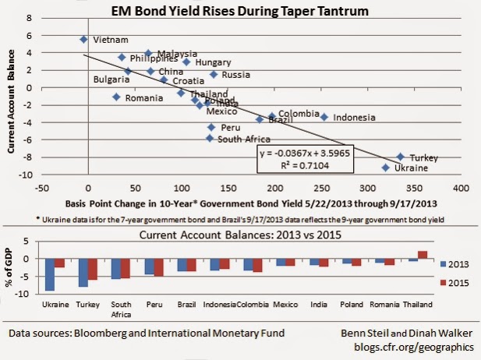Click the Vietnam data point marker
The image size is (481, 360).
[83, 39]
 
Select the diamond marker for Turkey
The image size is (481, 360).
[400, 157]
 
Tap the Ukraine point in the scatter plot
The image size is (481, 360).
[385, 167]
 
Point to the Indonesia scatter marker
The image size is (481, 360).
[324, 117]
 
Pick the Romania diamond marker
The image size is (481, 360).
[116, 97]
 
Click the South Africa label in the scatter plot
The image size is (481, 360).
[244, 139]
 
